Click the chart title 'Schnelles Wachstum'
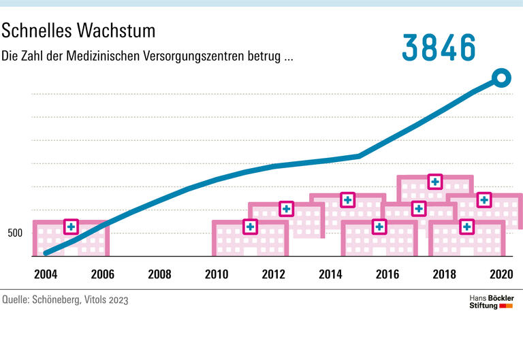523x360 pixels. pos(79,31)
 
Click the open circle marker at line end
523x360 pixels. pos(501,78)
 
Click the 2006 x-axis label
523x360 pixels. pos(101,274)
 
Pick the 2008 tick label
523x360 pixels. pos(159,274)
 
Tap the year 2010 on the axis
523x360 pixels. pos(216,274)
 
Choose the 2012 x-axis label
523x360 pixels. pos(273,274)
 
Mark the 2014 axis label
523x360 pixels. pos(330,274)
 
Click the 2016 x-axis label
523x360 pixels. pos(387,274)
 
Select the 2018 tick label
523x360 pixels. pos(444,274)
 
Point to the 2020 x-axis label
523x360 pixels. pos(501,274)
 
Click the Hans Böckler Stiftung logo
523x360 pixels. pos(492,302)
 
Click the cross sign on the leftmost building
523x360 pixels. pos(71,227)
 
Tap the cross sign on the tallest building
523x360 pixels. pos(434,182)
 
